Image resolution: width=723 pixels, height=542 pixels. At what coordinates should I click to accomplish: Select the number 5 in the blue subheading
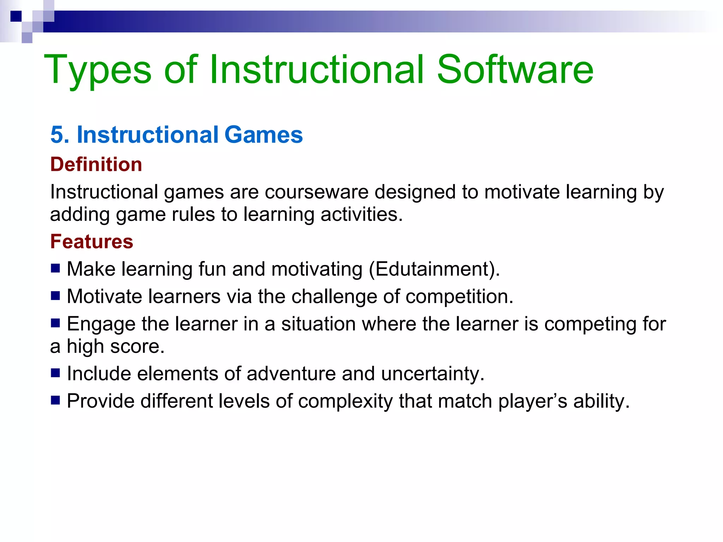pos(57,135)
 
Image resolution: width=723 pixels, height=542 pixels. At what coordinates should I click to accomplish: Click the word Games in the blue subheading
pos(263,135)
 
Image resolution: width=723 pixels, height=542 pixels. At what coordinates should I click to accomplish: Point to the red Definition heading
pos(96,164)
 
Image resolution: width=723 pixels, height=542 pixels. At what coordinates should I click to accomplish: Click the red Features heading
pos(92,242)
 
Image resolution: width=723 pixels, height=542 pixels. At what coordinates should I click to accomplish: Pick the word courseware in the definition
pos(316,192)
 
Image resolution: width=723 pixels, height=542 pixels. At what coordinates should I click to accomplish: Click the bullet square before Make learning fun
pos(55,269)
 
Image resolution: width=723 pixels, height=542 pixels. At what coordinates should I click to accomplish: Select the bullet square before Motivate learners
pos(55,296)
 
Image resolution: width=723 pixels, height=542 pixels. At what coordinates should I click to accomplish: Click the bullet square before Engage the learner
pos(55,323)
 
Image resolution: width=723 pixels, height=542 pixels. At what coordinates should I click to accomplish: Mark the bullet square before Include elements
pos(55,373)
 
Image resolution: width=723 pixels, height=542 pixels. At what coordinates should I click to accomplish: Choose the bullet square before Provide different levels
pos(55,400)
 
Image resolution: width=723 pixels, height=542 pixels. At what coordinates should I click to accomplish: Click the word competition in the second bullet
pos(459,296)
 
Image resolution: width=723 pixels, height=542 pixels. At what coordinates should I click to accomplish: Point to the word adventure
pos(291,374)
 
